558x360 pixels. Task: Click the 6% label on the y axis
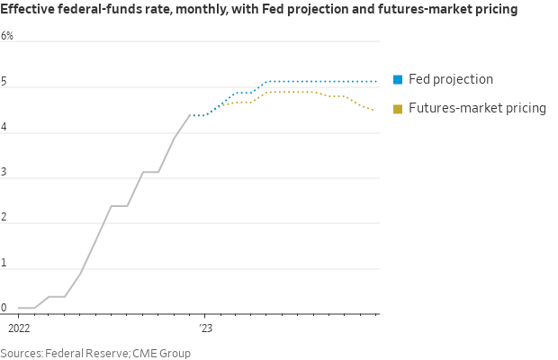coord(7,36)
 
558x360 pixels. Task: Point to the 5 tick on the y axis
coord(4,82)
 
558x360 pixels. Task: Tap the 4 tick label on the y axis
coord(4,127)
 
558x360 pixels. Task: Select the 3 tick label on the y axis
coord(4,173)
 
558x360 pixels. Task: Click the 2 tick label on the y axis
coord(4,218)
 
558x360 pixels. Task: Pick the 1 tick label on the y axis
coord(4,263)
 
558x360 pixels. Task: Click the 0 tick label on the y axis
coord(4,308)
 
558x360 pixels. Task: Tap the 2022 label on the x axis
coord(19,328)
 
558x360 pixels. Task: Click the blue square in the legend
coord(398,80)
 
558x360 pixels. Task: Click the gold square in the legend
coord(398,109)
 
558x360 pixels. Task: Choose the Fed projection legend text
coord(451,79)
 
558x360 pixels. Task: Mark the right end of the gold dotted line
coord(374,111)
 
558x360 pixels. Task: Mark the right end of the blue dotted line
coord(375,81)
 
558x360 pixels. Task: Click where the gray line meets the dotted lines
coord(190,115)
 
